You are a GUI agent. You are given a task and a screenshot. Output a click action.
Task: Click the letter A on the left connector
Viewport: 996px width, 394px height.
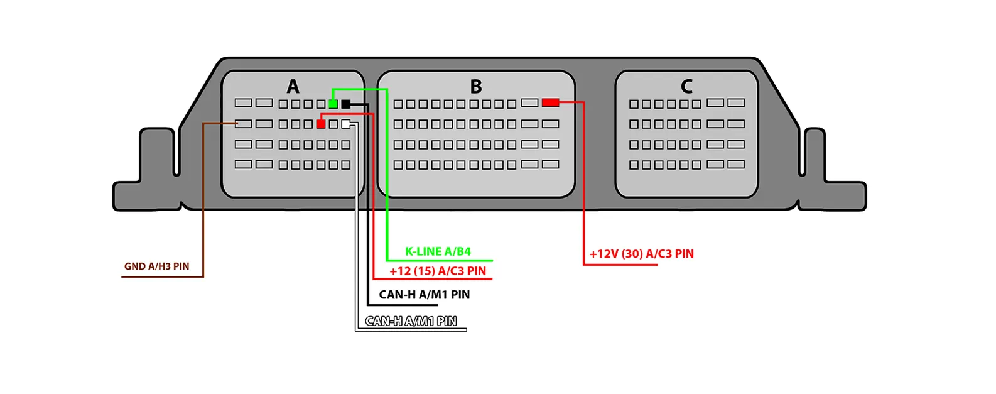(293, 86)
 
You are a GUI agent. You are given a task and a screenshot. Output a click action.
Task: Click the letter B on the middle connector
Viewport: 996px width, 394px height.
(476, 86)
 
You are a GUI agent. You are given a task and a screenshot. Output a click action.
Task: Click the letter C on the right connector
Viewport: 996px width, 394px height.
(686, 86)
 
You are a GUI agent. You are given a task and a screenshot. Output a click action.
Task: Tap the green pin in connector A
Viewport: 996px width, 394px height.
(333, 104)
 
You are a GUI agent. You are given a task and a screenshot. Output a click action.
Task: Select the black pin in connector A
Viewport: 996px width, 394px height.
(345, 104)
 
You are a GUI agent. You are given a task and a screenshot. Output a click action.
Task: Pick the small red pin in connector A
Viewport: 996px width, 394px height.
(321, 124)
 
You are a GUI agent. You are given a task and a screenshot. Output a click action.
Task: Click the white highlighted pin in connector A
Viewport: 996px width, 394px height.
(346, 124)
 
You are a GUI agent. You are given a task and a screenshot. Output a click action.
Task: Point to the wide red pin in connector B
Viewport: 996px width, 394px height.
(551, 102)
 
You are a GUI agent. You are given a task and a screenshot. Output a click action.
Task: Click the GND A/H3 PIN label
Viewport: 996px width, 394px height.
(156, 266)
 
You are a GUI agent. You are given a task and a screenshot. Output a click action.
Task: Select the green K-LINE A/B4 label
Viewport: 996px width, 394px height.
(438, 251)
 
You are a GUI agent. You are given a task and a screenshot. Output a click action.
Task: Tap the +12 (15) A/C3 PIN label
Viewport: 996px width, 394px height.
(438, 271)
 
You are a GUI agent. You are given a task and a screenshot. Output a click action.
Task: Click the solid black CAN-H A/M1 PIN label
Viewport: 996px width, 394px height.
(425, 295)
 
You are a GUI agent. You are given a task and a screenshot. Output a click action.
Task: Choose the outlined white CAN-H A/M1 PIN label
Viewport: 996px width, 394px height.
(411, 321)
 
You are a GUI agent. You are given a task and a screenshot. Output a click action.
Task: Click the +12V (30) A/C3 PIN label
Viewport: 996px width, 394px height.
(641, 254)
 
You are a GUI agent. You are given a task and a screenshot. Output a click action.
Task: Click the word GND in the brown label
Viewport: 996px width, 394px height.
(134, 266)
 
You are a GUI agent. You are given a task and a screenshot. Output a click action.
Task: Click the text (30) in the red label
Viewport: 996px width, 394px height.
(632, 254)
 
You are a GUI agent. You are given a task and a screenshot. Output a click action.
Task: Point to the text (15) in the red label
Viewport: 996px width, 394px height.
(425, 271)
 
